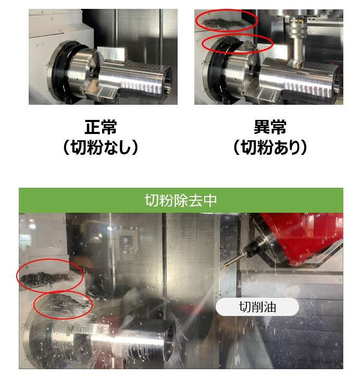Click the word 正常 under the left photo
pyautogui.click(x=101, y=127)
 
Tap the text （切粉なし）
pyautogui.click(x=101, y=148)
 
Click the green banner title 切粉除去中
pyautogui.click(x=180, y=201)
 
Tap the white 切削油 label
pyautogui.click(x=257, y=307)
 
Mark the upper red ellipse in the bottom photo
pyautogui.click(x=49, y=274)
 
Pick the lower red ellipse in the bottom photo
pyautogui.click(x=63, y=305)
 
